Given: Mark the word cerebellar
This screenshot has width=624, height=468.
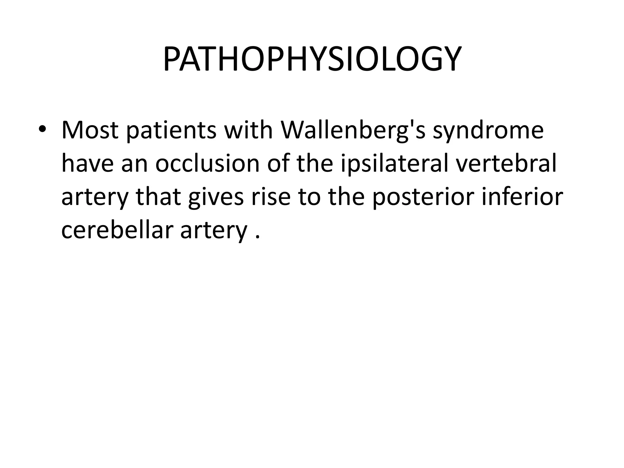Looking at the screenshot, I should (x=117, y=230).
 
